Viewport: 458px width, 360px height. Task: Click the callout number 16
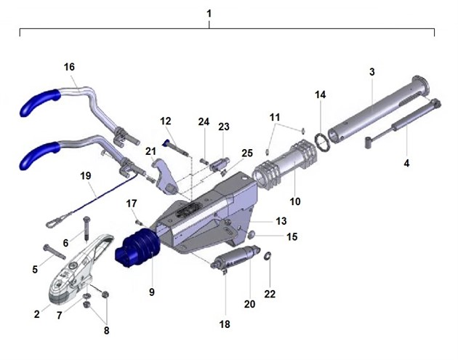pos(69,67)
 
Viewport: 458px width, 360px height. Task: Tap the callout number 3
pos(371,72)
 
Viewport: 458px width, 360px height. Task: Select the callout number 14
pos(320,95)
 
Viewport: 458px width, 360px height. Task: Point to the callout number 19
pos(86,176)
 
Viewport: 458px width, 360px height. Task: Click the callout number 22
pos(270,294)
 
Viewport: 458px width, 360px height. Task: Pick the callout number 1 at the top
pos(209,14)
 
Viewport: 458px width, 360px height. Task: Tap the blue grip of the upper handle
pos(39,102)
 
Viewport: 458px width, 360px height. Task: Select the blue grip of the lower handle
pos(39,156)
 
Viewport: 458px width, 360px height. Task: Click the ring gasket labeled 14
pos(322,142)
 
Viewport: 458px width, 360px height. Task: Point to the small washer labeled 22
pos(268,256)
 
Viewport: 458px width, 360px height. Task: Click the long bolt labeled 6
pos(87,229)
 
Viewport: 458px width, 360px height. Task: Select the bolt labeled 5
pos(55,252)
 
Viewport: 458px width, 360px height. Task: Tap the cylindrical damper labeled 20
pos(236,257)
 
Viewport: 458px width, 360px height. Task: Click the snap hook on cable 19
pos(58,220)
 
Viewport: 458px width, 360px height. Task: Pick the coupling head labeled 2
pos(79,269)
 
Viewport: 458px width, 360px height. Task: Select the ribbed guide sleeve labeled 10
pos(284,165)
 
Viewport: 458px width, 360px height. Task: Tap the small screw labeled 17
pos(139,223)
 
